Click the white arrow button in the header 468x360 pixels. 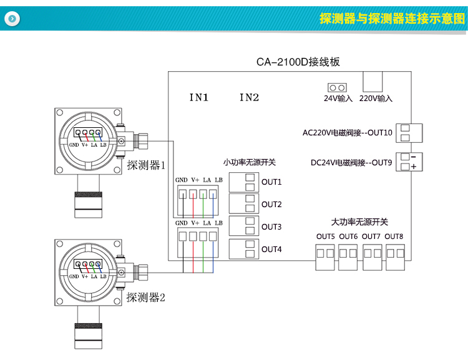point(12,19)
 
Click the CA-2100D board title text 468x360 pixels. point(298,62)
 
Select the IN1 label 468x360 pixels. point(198,97)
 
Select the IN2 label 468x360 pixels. point(249,97)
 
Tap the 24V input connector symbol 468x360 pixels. point(338,87)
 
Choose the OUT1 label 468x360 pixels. point(271,182)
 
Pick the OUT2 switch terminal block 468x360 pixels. point(243,204)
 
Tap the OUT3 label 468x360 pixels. point(271,227)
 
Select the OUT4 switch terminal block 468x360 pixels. point(243,249)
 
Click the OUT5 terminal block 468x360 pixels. point(326,254)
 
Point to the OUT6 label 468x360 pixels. point(348,236)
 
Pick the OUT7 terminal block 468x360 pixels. point(372,254)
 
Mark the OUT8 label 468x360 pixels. point(394,236)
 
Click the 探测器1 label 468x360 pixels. point(146,166)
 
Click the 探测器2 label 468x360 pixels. point(146,298)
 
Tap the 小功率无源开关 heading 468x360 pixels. point(250,162)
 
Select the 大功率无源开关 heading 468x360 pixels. point(359,222)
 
